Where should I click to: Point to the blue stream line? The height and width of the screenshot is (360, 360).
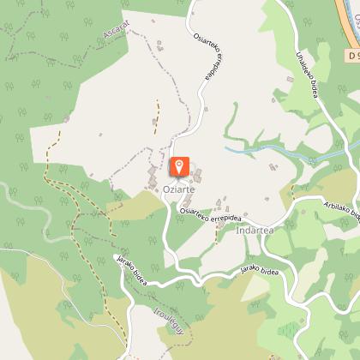click(x=257, y=149)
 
